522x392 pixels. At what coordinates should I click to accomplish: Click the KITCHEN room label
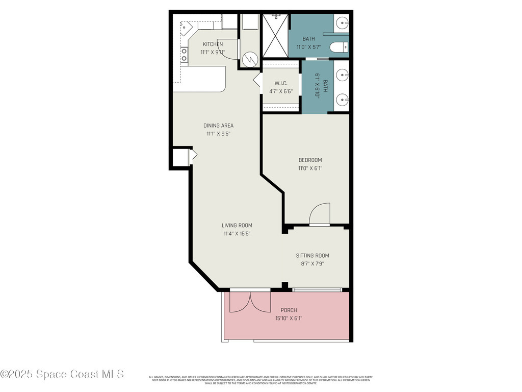click(213, 44)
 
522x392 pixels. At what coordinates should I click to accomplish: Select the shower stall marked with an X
click(275, 36)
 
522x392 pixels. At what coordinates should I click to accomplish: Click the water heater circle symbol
click(250, 60)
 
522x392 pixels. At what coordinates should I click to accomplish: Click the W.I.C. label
click(281, 83)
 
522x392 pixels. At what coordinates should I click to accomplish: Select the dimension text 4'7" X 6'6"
click(281, 91)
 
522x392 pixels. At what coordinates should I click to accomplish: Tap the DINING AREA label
click(218, 126)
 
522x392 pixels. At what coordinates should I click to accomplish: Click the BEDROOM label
click(310, 160)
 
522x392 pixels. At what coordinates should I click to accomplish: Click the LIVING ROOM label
click(237, 226)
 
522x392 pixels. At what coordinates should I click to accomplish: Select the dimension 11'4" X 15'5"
click(237, 234)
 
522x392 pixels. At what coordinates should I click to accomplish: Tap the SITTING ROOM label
click(312, 256)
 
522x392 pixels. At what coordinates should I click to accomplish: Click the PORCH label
click(289, 310)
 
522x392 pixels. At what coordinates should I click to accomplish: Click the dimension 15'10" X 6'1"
click(289, 318)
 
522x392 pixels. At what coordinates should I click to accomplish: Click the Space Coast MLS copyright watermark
click(62, 374)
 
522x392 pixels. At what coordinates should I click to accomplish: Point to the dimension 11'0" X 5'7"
click(308, 47)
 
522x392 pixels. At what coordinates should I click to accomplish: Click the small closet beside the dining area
click(180, 158)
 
